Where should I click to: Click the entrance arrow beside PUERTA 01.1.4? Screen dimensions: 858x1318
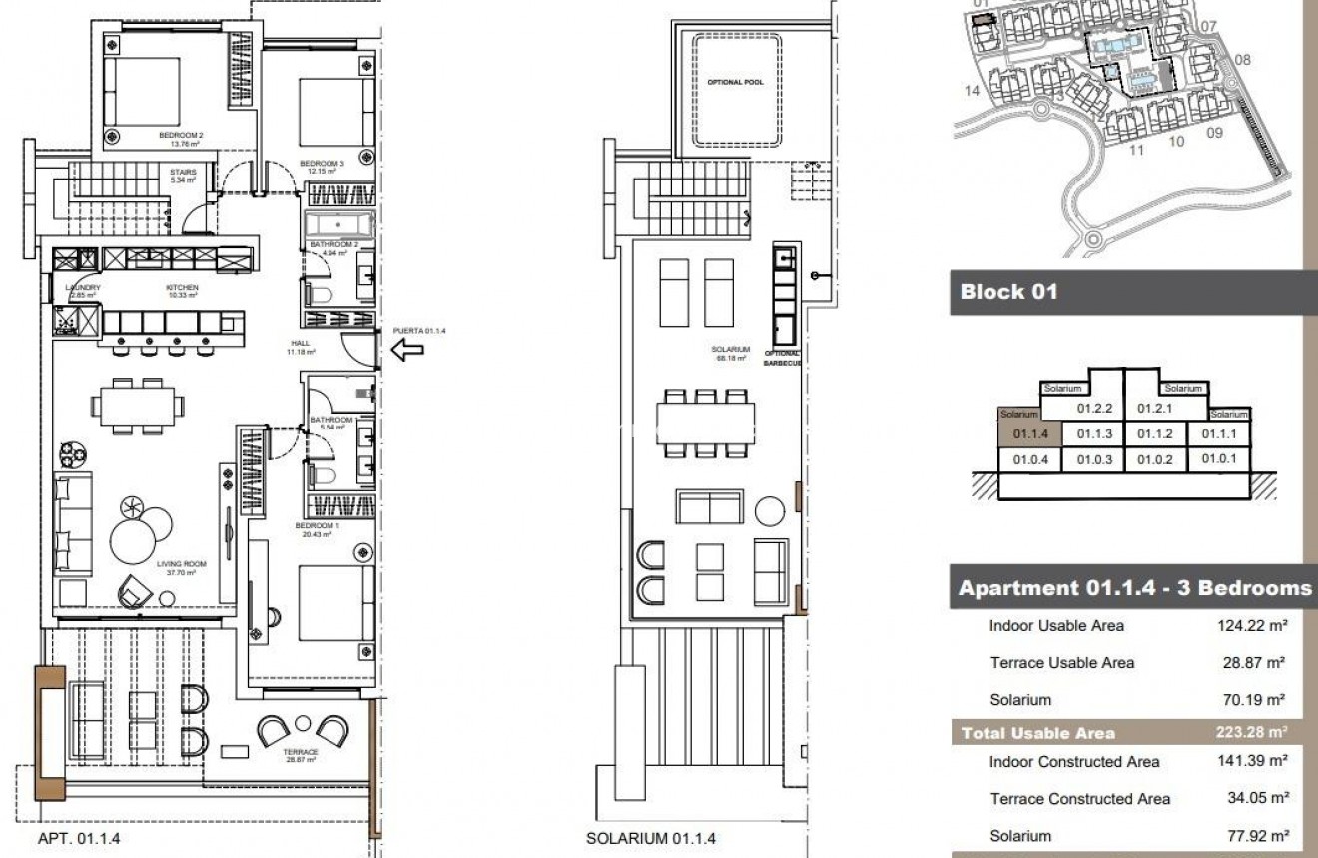coord(407,350)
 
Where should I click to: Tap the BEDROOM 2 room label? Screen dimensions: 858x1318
coord(181,135)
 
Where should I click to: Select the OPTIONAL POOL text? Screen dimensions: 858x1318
coord(735,82)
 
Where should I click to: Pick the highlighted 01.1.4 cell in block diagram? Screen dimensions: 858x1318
coord(1028,434)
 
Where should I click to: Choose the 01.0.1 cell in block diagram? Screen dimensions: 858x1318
coord(1219,459)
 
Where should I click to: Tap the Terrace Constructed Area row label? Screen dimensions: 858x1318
coord(1079,799)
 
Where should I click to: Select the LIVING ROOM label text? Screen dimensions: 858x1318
coord(181,564)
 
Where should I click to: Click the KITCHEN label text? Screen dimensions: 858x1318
coord(182,287)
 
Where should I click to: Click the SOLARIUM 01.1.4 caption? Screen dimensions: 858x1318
coord(650,840)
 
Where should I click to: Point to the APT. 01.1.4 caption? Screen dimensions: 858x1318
coord(79,840)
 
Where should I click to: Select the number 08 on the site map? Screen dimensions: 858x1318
coord(1241,60)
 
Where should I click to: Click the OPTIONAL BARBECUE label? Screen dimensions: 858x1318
coord(783,358)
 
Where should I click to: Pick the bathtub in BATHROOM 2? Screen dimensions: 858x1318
coord(338,223)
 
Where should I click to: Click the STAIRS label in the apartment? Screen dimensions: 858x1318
coord(182,172)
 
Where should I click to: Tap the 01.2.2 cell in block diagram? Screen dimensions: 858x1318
coord(1093,408)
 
